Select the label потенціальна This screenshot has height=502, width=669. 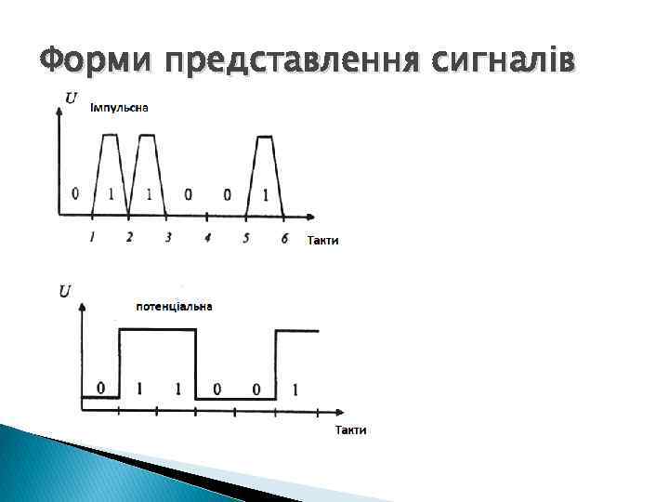click(x=174, y=307)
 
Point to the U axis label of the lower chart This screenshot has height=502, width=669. click(x=65, y=291)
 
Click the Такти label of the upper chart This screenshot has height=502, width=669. click(x=322, y=240)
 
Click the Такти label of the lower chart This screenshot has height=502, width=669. click(x=350, y=429)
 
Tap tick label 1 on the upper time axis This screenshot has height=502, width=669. click(x=93, y=237)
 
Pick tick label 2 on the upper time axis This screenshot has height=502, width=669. click(x=129, y=237)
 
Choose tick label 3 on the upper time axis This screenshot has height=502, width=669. click(x=167, y=237)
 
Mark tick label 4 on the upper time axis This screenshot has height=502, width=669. click(x=207, y=238)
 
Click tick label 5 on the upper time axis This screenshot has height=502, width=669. click(x=246, y=238)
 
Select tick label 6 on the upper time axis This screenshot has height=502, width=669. click(x=284, y=238)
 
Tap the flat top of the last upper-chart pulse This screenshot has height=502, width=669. click(x=266, y=137)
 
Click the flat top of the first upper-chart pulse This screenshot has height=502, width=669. click(x=111, y=135)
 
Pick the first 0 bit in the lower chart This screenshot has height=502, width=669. click(x=100, y=388)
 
